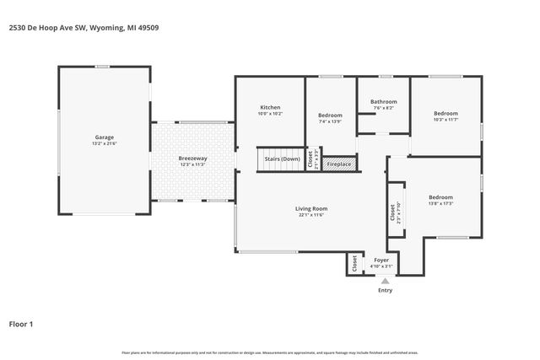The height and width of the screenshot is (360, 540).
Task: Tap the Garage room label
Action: click(x=104, y=137)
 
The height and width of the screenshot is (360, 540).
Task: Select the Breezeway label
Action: click(x=192, y=159)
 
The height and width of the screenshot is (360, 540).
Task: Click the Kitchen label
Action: click(x=270, y=108)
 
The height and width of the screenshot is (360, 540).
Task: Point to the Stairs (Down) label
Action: click(x=282, y=159)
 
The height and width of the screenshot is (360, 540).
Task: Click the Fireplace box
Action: click(x=338, y=164)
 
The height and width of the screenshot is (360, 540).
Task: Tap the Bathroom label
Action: click(x=383, y=102)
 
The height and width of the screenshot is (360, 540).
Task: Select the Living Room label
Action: click(x=310, y=208)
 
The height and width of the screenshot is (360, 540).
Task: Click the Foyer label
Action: click(x=382, y=261)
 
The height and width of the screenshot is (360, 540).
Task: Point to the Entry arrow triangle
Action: click(x=385, y=282)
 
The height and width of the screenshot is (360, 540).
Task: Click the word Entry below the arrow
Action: click(x=385, y=291)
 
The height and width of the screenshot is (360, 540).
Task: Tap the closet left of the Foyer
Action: click(x=354, y=263)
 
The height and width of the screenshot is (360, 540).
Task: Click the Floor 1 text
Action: click(x=21, y=323)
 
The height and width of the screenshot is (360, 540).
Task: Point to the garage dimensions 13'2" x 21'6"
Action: click(x=104, y=143)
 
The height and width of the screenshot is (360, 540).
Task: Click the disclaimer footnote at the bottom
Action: click(x=270, y=352)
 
